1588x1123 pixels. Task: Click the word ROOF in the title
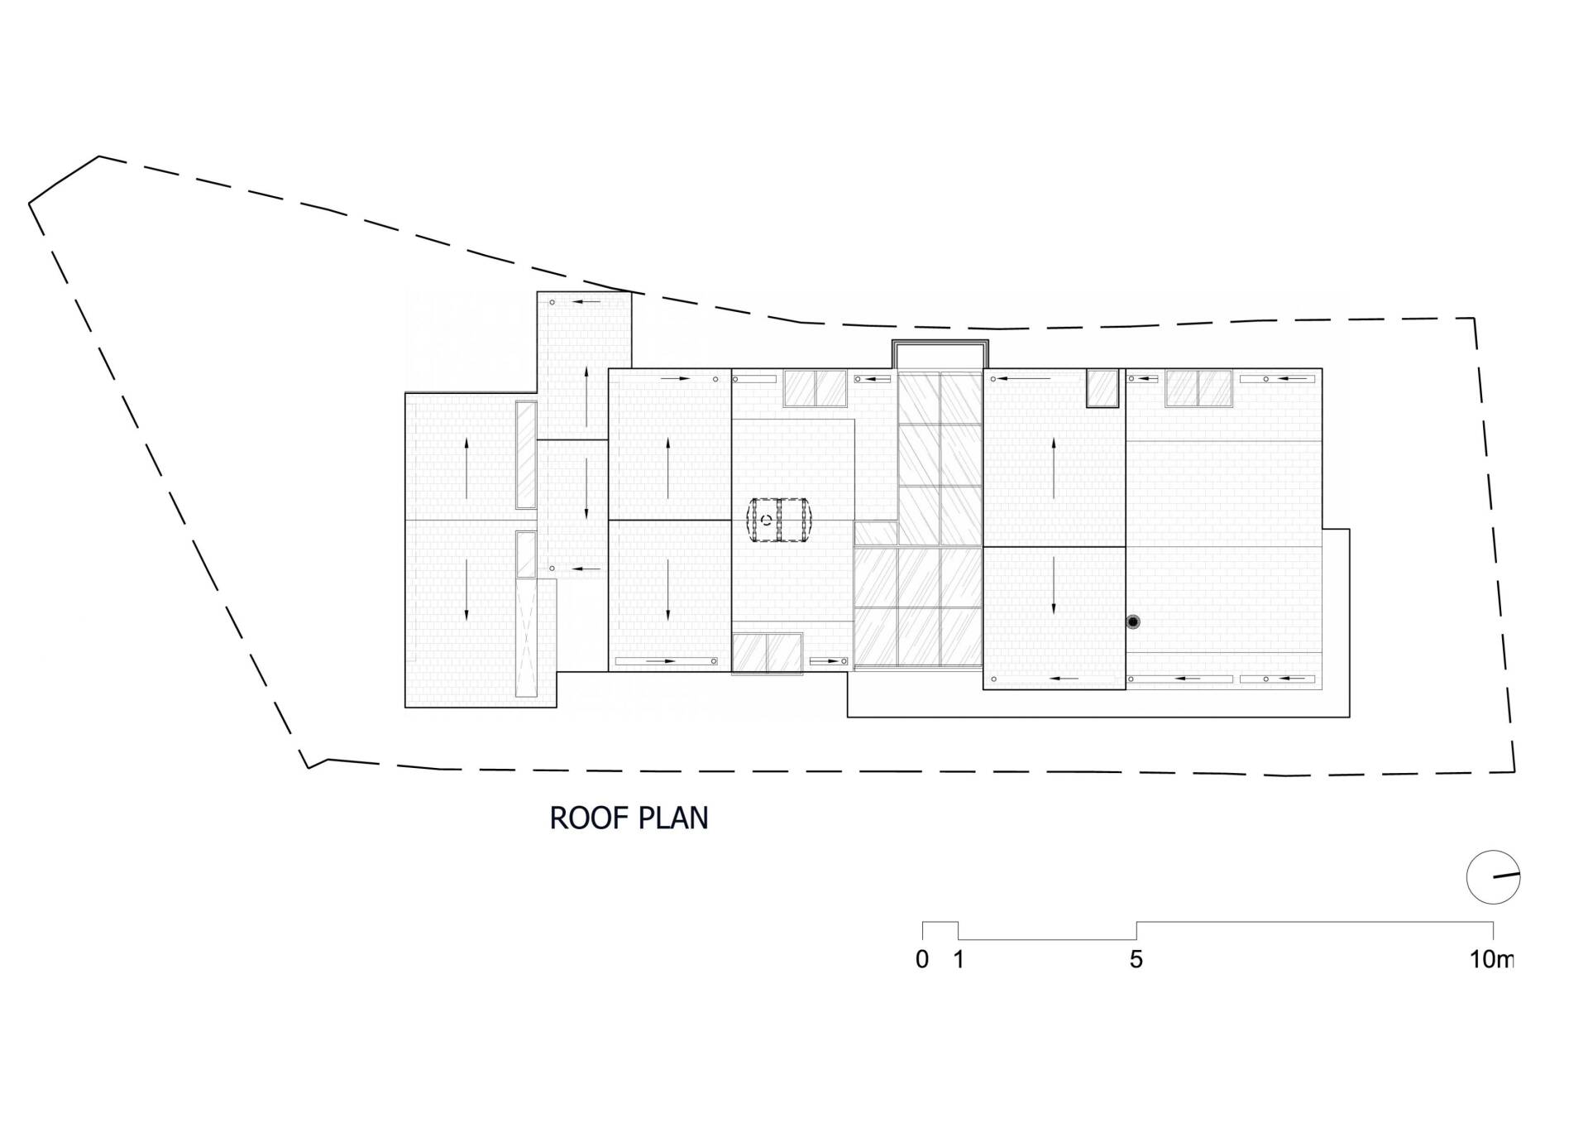click(x=580, y=818)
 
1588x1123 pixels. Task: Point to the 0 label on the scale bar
click(x=922, y=960)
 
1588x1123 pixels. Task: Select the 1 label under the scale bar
click(x=959, y=960)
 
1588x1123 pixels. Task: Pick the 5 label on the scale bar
click(x=1136, y=960)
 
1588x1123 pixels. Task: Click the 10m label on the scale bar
click(x=1492, y=960)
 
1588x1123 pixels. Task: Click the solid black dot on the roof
click(x=1133, y=621)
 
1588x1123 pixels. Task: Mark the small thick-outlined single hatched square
click(x=1103, y=388)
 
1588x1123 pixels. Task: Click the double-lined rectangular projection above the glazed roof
click(x=940, y=354)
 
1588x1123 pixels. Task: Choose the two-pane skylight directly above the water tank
click(x=816, y=388)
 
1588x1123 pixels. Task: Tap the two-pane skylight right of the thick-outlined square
click(x=1199, y=388)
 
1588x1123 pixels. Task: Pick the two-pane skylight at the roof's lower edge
click(x=767, y=653)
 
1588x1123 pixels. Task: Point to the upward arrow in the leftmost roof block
click(x=466, y=468)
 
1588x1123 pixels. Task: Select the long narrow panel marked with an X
click(x=526, y=638)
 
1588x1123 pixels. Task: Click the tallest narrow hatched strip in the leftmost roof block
click(x=526, y=454)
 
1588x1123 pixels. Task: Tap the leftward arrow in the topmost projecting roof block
click(x=586, y=302)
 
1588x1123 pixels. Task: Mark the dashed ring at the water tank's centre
click(x=767, y=520)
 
